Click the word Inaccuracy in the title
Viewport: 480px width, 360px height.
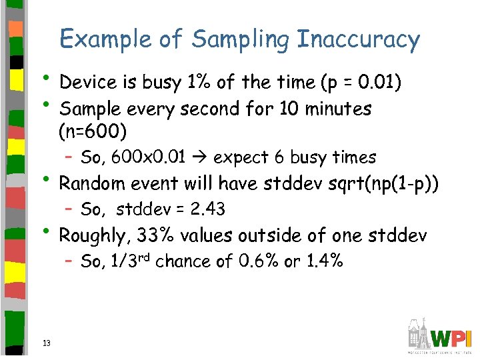pyautogui.click(x=359, y=39)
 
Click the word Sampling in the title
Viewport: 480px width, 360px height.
pyautogui.click(x=240, y=39)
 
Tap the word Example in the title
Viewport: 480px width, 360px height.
pyautogui.click(x=107, y=39)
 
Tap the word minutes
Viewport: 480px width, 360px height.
pyautogui.click(x=338, y=108)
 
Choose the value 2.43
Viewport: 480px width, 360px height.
pyautogui.click(x=207, y=209)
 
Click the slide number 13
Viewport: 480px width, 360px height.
pyautogui.click(x=46, y=343)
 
